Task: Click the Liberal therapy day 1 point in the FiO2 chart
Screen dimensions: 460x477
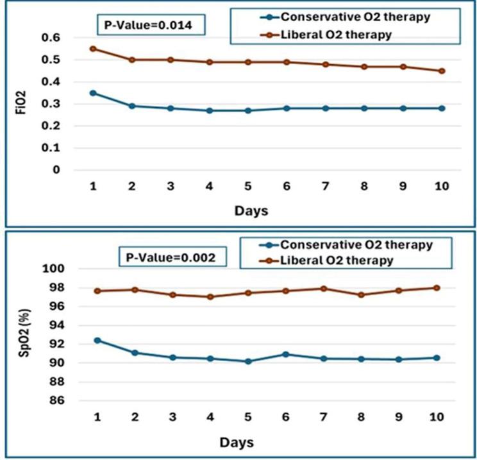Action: coord(93,49)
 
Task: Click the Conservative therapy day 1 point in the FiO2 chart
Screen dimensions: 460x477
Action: coord(93,93)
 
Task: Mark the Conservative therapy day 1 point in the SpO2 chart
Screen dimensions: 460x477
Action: coord(97,340)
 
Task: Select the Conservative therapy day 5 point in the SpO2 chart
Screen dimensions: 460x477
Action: coord(248,361)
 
